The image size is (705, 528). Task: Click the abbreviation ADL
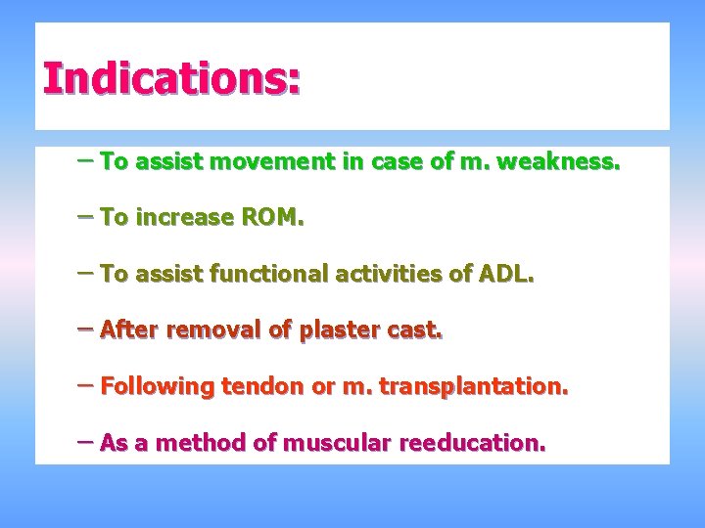(505, 275)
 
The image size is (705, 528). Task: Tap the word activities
(377, 275)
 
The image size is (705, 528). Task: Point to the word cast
(416, 330)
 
